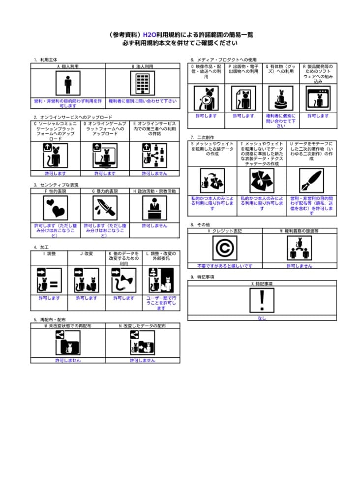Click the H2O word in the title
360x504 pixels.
(x=149, y=35)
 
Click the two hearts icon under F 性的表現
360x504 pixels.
(x=55, y=208)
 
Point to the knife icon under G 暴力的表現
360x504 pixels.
(x=105, y=208)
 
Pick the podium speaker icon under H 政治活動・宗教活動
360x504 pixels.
(x=154, y=208)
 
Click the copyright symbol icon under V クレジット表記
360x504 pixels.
(x=225, y=248)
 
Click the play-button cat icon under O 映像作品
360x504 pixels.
(x=206, y=98)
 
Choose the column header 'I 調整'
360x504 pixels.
(x=49, y=253)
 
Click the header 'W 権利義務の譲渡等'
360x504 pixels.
(x=299, y=230)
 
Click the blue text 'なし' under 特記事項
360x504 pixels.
(x=262, y=318)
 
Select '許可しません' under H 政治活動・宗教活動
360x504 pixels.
(x=154, y=225)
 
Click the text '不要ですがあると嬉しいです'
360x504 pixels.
(x=225, y=266)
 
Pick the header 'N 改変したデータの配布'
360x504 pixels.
(x=143, y=326)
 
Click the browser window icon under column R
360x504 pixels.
(x=318, y=98)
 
